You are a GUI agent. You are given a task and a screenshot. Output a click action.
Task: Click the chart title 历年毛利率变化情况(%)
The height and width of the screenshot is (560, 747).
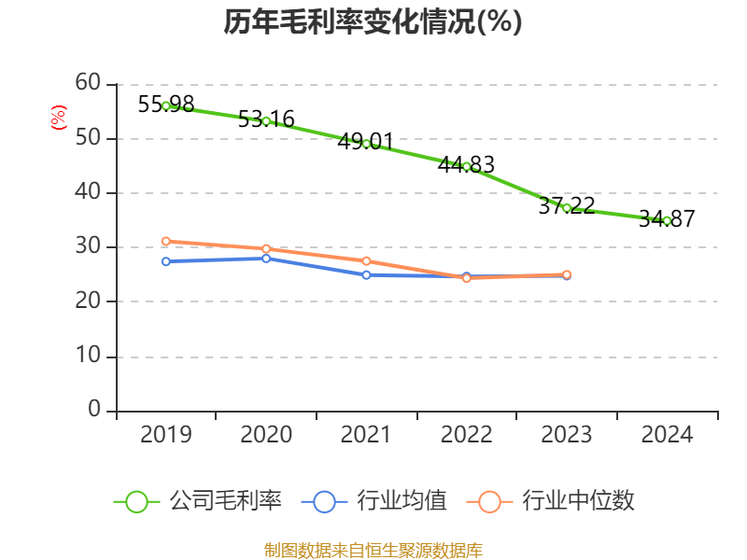point(373,21)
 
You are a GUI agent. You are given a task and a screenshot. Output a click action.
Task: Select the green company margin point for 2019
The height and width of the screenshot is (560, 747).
point(166,105)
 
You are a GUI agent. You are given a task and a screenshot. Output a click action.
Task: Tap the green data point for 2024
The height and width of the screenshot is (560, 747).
point(667,220)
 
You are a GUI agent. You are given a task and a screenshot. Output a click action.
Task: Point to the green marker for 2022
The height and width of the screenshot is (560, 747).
point(467,166)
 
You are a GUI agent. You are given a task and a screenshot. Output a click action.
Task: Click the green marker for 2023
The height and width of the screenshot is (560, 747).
point(567,207)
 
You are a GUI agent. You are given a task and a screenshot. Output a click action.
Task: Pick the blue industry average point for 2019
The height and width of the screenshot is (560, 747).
point(166,261)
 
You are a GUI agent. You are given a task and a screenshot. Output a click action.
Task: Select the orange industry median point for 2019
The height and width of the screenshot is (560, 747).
point(166,241)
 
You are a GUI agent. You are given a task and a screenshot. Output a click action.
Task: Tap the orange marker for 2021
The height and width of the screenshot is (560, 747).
point(366,260)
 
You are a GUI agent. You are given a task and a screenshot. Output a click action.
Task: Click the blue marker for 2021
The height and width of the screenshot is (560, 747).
point(366,274)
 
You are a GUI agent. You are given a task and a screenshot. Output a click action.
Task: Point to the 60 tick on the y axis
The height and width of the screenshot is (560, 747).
point(88,83)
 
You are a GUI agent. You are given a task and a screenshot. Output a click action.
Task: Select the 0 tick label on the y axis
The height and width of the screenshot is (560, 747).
point(94,411)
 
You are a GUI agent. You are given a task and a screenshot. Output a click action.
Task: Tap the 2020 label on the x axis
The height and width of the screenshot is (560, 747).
point(266,435)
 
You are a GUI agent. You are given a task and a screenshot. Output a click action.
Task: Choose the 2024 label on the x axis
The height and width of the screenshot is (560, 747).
point(667,435)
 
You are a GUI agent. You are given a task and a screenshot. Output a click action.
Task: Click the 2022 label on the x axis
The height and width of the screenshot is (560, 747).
point(467,435)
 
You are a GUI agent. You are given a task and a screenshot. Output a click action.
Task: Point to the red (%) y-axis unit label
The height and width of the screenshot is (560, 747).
point(58,119)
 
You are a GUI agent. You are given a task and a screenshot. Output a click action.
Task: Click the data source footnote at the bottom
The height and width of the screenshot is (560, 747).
point(373,551)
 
